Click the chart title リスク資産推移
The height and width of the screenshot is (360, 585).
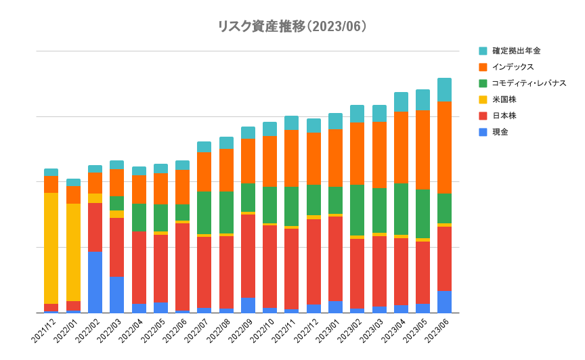point(261,26)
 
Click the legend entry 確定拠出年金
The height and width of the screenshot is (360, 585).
point(517,51)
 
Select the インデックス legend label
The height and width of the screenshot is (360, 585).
point(513,67)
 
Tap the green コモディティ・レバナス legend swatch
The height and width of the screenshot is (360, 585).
point(483,83)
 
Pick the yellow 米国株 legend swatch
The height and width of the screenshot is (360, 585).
point(483,99)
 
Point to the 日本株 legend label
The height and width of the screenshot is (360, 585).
point(504,116)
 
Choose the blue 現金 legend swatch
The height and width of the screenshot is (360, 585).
point(483,132)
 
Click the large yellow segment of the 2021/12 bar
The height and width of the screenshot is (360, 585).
point(51,248)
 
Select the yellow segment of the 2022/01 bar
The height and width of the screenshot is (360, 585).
point(74,252)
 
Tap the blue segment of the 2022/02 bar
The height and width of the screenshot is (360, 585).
point(95,282)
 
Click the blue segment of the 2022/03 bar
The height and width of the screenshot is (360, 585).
point(116,295)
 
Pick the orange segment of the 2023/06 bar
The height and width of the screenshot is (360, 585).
point(444,148)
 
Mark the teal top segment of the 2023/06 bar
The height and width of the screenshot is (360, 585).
point(444,90)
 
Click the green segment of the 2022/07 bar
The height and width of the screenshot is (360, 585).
point(204,213)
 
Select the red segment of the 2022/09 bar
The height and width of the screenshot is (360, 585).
point(248,256)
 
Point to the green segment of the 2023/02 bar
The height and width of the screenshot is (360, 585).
point(357,210)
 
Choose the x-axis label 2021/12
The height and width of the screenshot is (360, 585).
point(43,331)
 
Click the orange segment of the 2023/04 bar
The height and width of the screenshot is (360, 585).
point(401,148)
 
